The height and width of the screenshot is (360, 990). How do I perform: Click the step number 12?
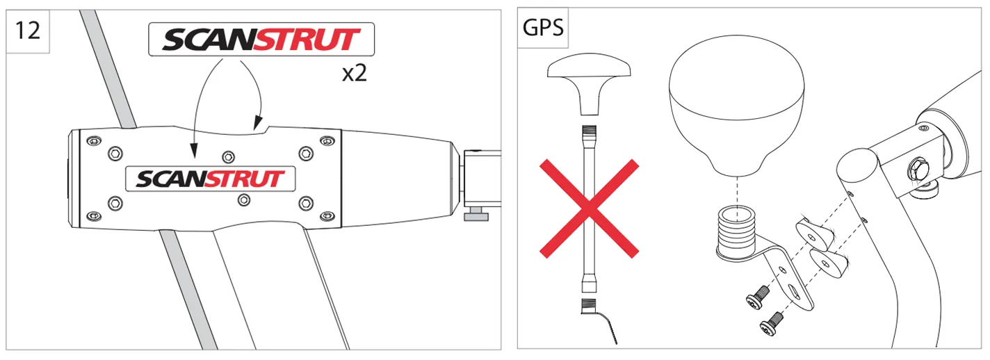[27, 31]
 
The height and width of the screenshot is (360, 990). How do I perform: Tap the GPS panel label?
[543, 27]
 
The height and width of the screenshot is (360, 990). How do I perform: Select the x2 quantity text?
[355, 73]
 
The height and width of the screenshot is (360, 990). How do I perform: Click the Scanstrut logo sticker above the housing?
[261, 40]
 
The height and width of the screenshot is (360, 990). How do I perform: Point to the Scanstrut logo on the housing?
[211, 179]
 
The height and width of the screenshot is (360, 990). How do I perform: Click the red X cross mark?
[589, 208]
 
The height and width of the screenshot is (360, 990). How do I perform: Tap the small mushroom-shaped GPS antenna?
[589, 84]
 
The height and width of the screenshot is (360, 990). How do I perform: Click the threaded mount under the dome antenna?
[736, 229]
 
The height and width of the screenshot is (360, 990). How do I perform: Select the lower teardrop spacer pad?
[829, 263]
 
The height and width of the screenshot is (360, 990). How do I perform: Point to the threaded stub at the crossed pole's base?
[589, 305]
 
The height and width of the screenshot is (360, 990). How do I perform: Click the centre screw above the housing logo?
[228, 157]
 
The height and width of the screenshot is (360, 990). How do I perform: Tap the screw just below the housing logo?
[243, 199]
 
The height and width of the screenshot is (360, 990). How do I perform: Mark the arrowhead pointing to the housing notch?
[258, 123]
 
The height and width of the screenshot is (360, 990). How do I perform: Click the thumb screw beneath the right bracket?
[476, 214]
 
